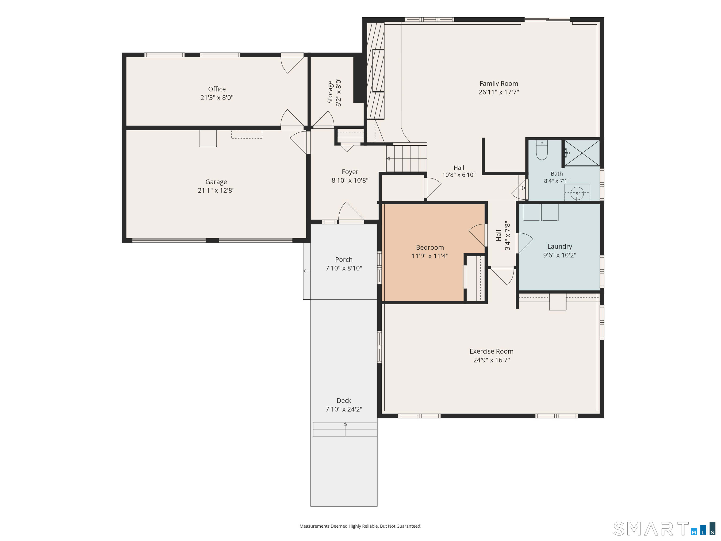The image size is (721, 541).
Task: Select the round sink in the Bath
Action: (x=577, y=193)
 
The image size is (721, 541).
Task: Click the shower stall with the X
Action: (x=582, y=153)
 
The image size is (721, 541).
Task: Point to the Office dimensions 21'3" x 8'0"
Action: (x=217, y=97)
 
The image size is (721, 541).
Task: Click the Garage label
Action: (x=216, y=182)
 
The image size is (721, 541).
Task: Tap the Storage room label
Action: (x=330, y=92)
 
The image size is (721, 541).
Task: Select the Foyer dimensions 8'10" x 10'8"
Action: (x=350, y=180)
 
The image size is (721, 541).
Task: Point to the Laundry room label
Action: (x=560, y=247)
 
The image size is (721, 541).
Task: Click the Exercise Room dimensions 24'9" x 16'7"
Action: (x=491, y=360)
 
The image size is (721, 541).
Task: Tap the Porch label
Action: (x=344, y=259)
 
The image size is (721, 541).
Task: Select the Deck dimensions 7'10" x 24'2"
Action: (x=344, y=409)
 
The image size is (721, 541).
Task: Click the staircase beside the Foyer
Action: (x=407, y=158)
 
